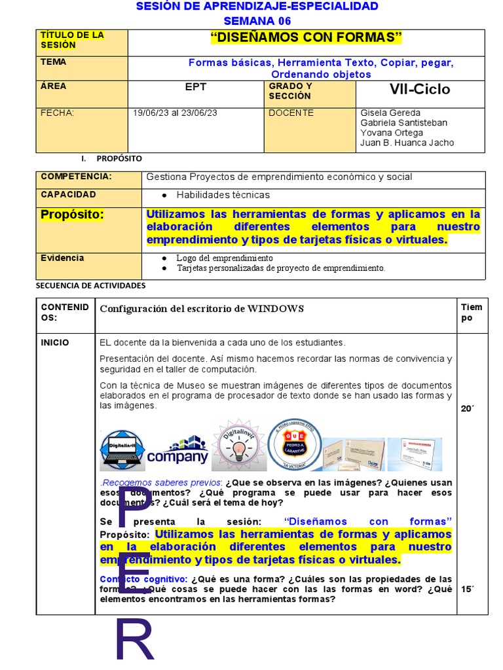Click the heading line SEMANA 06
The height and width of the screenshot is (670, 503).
(256, 20)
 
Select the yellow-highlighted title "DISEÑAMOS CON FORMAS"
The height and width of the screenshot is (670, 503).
(306, 38)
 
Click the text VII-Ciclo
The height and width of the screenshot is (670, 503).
(420, 90)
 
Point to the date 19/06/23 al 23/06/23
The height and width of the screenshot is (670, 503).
(175, 113)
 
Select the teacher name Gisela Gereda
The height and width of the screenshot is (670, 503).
(390, 113)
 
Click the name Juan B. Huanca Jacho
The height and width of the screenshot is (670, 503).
(407, 143)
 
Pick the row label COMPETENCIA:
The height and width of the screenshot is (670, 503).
(76, 177)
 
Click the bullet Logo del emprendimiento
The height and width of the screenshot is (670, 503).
(224, 258)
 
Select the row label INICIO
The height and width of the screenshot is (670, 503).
(54, 342)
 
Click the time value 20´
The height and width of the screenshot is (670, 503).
(468, 408)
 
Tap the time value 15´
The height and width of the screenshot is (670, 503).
(468, 589)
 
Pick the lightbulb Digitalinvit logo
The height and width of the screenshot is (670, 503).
(237, 446)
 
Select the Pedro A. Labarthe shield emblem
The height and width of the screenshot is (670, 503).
(295, 445)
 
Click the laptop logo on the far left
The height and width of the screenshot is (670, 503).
(122, 450)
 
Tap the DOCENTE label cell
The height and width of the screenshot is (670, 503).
(291, 113)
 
